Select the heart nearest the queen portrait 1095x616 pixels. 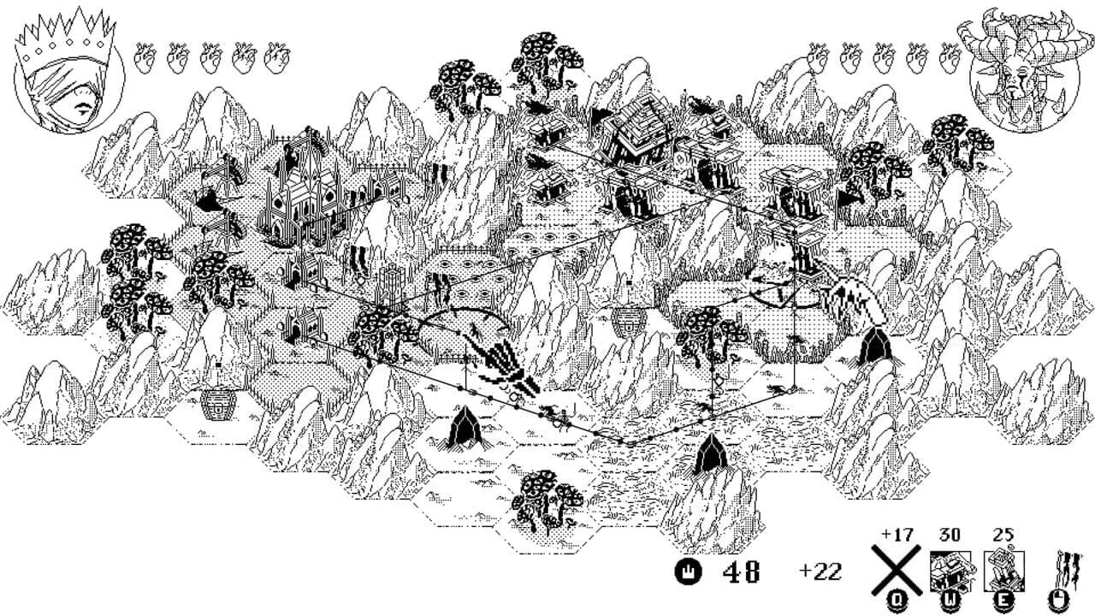coord(145,57)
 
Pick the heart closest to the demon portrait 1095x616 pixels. coord(950,57)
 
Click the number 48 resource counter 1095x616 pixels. coord(741,571)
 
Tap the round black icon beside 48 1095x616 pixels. coord(688,571)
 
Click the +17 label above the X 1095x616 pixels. coord(897,535)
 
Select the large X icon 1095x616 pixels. coord(896,570)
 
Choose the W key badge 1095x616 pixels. coord(950,601)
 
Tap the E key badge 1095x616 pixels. coord(1004,601)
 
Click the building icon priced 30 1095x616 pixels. coord(950,571)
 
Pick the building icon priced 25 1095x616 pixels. coord(1004,570)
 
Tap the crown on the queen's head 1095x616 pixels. coord(65,35)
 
